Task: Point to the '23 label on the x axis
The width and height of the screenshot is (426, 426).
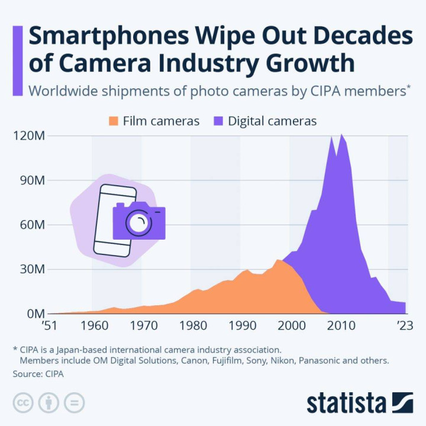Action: click(x=405, y=325)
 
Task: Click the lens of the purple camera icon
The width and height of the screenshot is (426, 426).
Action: click(x=138, y=223)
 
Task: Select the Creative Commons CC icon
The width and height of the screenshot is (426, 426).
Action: click(x=22, y=402)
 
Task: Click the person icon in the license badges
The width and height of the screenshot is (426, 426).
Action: click(x=49, y=402)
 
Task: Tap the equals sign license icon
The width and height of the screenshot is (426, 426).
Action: click(x=75, y=402)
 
